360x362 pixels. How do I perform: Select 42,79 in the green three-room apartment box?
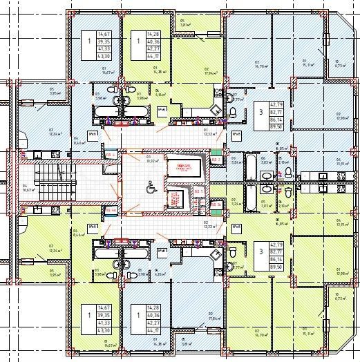coord(276,245)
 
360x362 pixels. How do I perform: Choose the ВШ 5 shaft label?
coord(215,204)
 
